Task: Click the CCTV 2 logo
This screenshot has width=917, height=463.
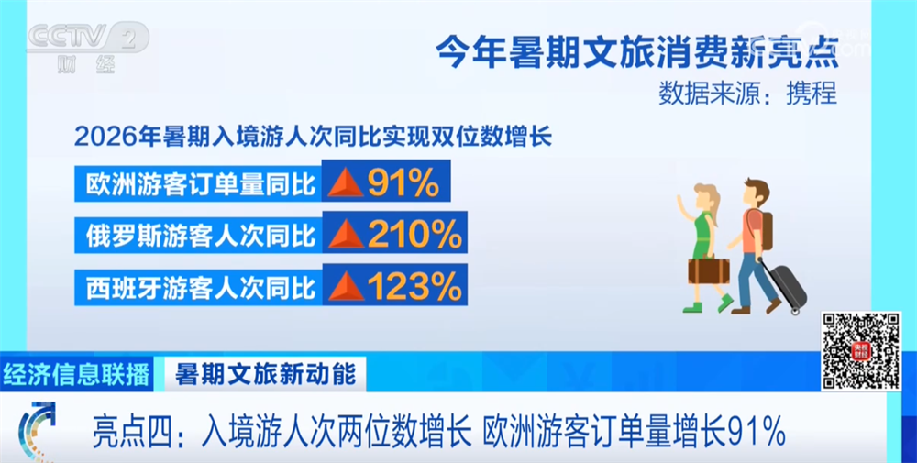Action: point(88,47)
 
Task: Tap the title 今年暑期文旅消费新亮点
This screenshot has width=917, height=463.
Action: point(637,53)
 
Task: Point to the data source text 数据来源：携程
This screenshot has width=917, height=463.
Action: point(748,93)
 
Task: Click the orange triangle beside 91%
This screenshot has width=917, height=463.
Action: point(346,183)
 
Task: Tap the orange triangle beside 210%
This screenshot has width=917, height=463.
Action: point(346,235)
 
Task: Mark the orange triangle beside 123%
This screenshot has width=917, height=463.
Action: point(346,287)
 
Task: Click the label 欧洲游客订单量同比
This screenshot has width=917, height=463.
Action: point(201,184)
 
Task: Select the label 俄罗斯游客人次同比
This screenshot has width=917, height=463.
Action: point(201,236)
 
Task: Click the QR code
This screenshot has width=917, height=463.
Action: point(861,351)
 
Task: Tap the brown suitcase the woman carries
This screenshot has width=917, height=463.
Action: point(708,270)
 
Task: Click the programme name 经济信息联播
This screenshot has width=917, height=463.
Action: point(76,374)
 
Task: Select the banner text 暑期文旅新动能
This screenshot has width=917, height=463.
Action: point(266,374)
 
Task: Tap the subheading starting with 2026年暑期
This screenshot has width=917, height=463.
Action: point(313,137)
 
